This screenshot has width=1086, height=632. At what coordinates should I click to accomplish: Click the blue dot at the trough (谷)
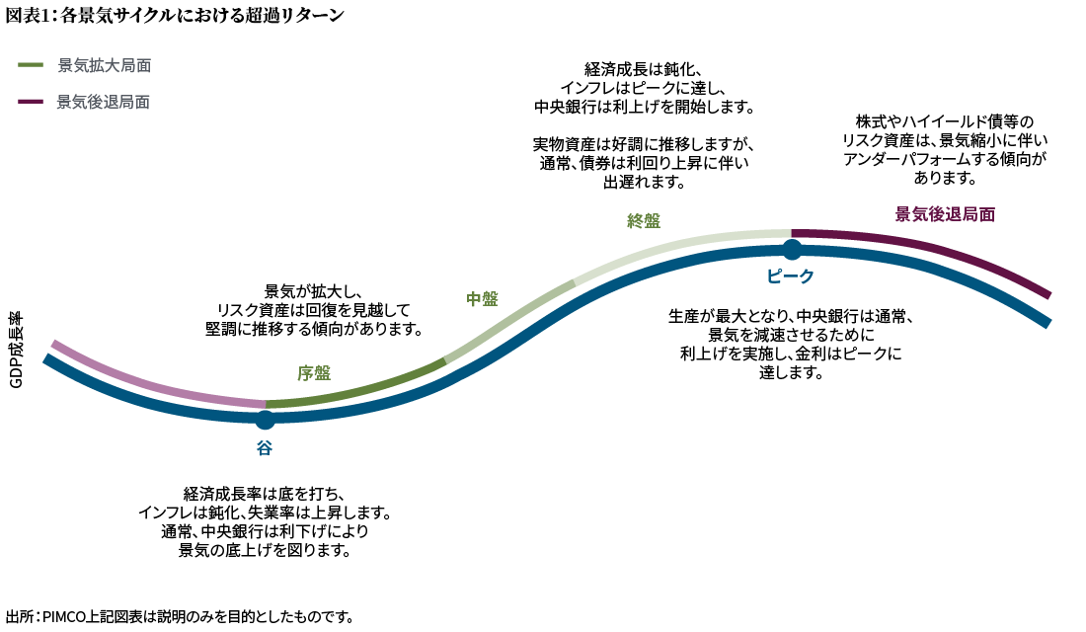point(265,420)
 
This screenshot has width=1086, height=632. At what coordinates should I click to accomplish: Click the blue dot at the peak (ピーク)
point(792,250)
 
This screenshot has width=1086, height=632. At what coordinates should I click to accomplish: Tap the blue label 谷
point(265,448)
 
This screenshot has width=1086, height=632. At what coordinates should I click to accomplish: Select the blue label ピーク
point(790,276)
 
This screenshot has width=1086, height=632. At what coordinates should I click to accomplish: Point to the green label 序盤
point(314,373)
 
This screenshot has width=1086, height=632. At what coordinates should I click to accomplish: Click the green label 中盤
point(482,299)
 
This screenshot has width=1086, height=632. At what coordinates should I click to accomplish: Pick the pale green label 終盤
point(644,221)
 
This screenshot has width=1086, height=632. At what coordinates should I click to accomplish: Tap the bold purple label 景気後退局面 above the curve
point(945,215)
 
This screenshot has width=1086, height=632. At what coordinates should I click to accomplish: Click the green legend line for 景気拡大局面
point(31,65)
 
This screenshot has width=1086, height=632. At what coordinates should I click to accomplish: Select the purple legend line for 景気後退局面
point(31,102)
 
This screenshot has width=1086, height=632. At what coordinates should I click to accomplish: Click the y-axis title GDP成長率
point(16,350)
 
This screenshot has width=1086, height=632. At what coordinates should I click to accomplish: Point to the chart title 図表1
point(28,15)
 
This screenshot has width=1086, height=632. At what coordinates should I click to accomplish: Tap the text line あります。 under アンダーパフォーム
point(945,178)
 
